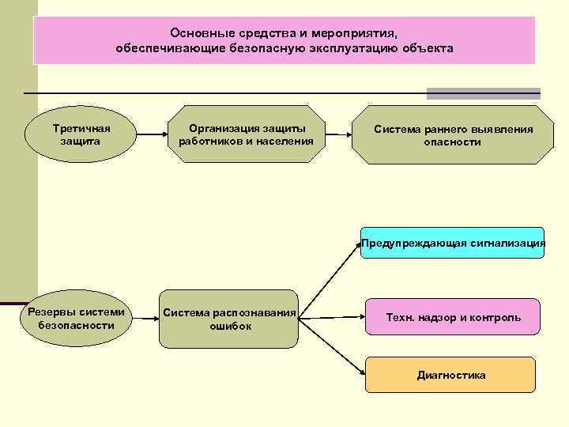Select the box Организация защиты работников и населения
point(246,134)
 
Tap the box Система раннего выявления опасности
point(453,135)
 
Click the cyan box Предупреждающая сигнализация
point(453,244)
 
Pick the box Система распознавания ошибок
point(230,319)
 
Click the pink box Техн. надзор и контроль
point(453,317)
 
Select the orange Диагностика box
point(450,375)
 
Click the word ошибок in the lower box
point(231,326)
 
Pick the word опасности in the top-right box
point(452,142)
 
